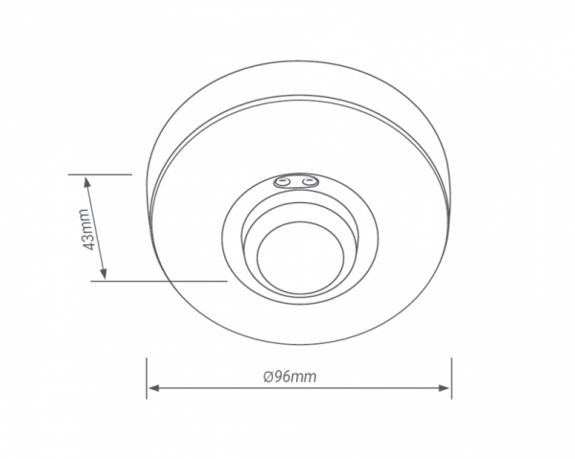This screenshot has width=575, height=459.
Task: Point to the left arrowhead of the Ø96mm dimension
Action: point(151,389)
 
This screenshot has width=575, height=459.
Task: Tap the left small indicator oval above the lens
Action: point(284,180)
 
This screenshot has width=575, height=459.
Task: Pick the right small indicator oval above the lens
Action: point(307,180)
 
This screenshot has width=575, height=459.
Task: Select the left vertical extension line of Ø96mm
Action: point(146,379)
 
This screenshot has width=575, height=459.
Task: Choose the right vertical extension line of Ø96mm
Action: point(451,379)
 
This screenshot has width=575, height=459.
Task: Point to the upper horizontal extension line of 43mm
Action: point(100,174)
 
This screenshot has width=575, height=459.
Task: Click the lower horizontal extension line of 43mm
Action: point(163,282)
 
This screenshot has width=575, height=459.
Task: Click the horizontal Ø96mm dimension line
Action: point(364,389)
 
